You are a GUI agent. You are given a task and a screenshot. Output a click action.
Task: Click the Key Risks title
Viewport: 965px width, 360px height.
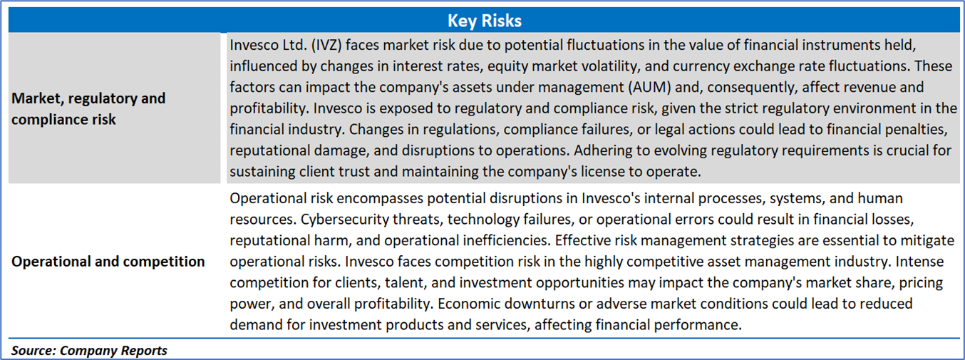[x=485, y=21]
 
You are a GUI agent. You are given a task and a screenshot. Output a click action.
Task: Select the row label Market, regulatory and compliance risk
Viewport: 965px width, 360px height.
[x=88, y=108]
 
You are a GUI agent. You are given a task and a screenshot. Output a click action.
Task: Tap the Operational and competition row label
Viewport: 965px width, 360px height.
[x=108, y=262]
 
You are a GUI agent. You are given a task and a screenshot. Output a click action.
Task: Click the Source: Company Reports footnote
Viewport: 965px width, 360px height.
[x=89, y=351]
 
